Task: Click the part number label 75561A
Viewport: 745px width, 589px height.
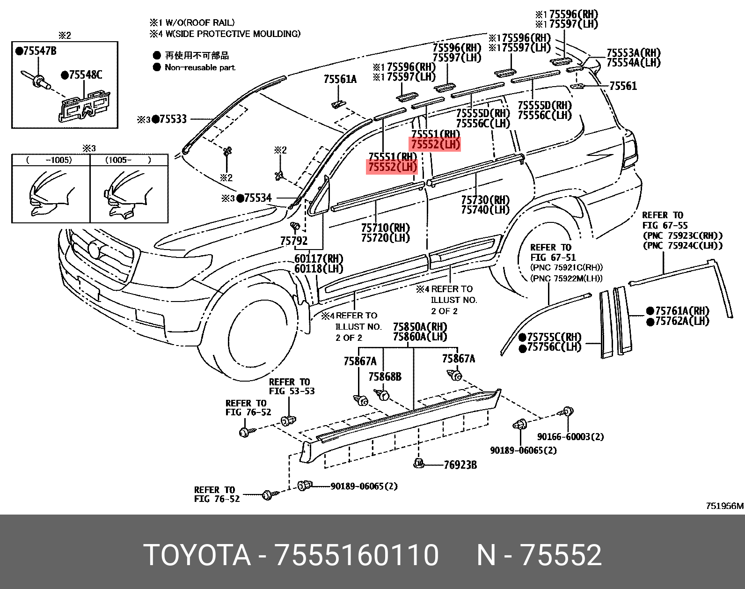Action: (x=340, y=80)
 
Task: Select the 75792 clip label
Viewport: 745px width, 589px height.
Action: (x=294, y=241)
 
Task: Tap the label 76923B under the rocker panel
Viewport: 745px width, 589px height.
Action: (x=460, y=465)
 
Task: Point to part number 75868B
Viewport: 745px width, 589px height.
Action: (x=385, y=377)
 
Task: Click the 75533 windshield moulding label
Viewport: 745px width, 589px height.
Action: (x=173, y=119)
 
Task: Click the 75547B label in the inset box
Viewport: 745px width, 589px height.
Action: (x=36, y=51)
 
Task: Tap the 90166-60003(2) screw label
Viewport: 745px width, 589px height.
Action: (x=570, y=437)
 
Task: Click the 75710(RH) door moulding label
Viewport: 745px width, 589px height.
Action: (x=385, y=228)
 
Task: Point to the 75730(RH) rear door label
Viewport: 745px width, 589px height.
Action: (x=485, y=200)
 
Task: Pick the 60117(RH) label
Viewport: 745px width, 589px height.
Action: (x=319, y=259)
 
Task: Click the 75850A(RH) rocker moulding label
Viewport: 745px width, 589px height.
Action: (x=420, y=327)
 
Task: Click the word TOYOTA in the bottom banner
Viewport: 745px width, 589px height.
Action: (x=197, y=555)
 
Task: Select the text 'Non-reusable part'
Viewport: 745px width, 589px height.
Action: (x=200, y=67)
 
